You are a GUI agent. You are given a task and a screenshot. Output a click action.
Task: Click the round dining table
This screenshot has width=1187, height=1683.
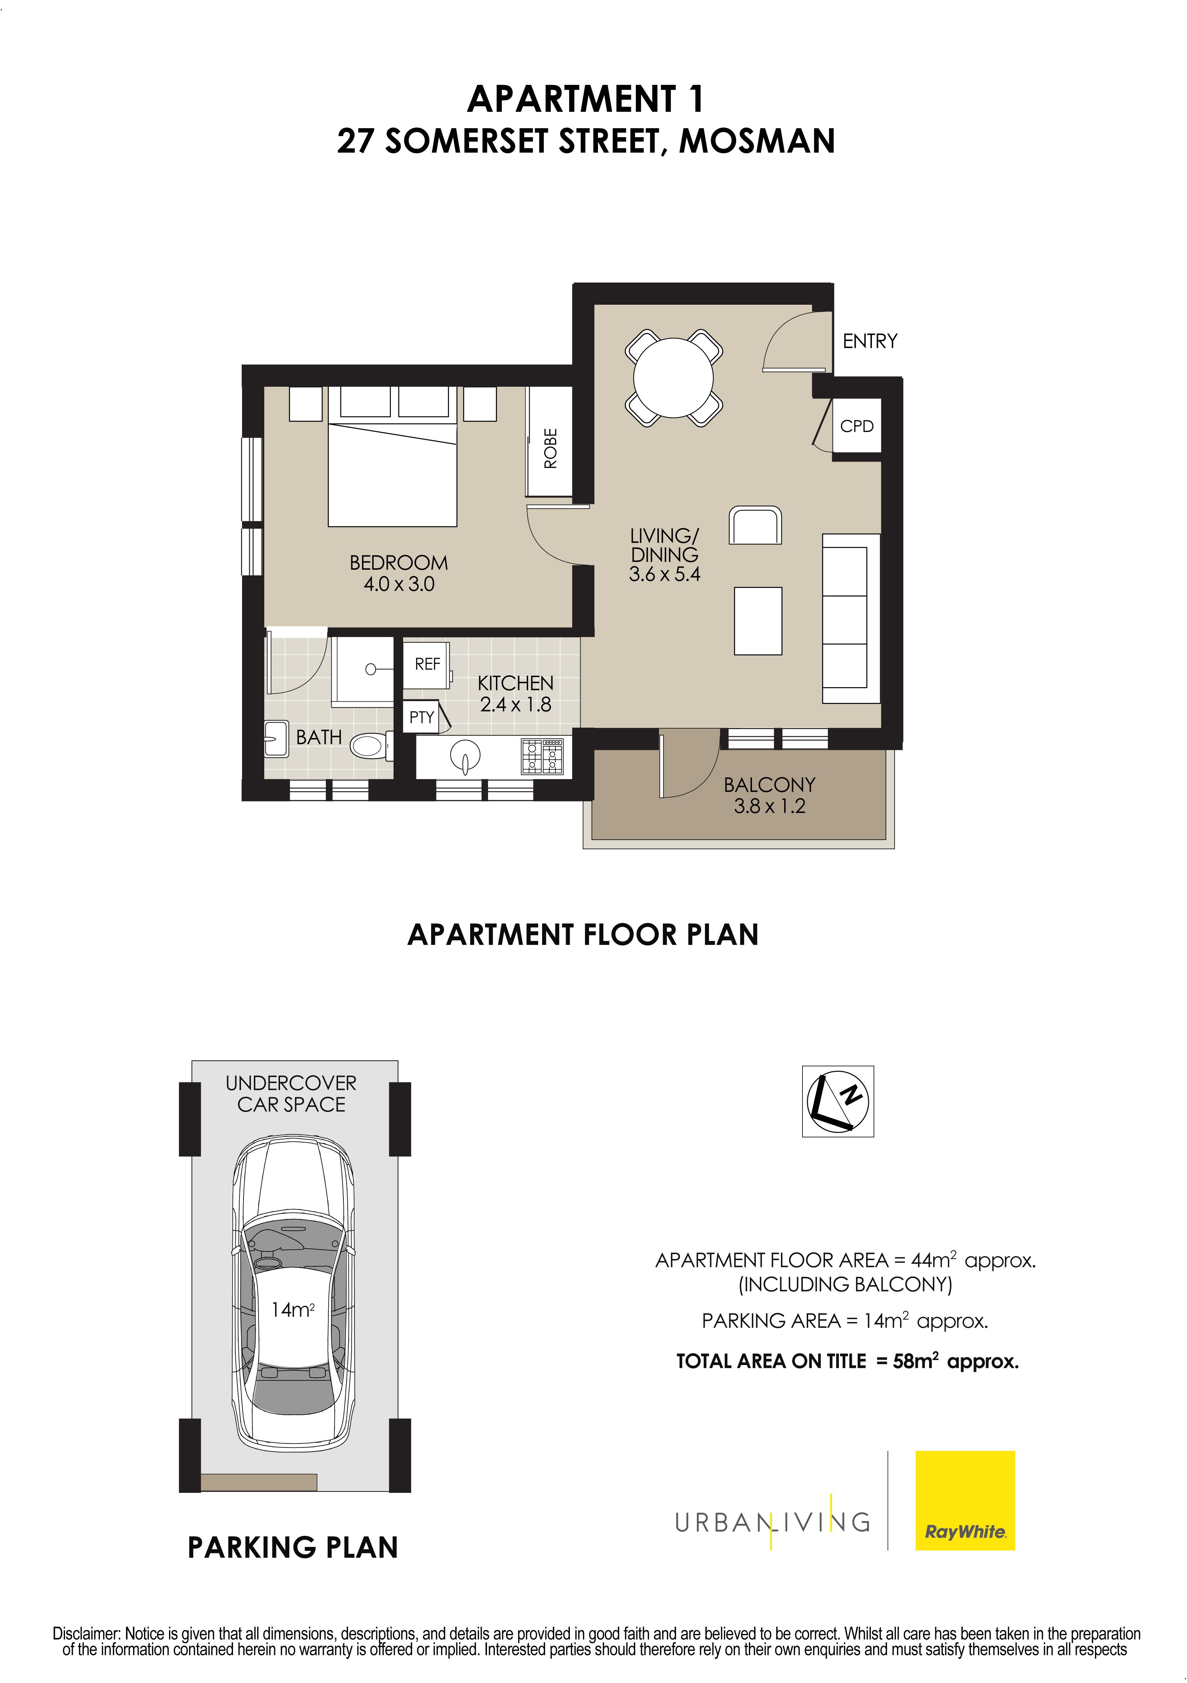pos(673,377)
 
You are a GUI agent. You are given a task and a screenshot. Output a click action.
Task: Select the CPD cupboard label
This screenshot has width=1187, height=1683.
pos(857,426)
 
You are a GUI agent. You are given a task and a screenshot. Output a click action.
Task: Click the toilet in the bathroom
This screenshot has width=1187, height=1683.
pos(370,746)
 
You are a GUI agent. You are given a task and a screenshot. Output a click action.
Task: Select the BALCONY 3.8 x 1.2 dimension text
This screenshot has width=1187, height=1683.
pos(769,795)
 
